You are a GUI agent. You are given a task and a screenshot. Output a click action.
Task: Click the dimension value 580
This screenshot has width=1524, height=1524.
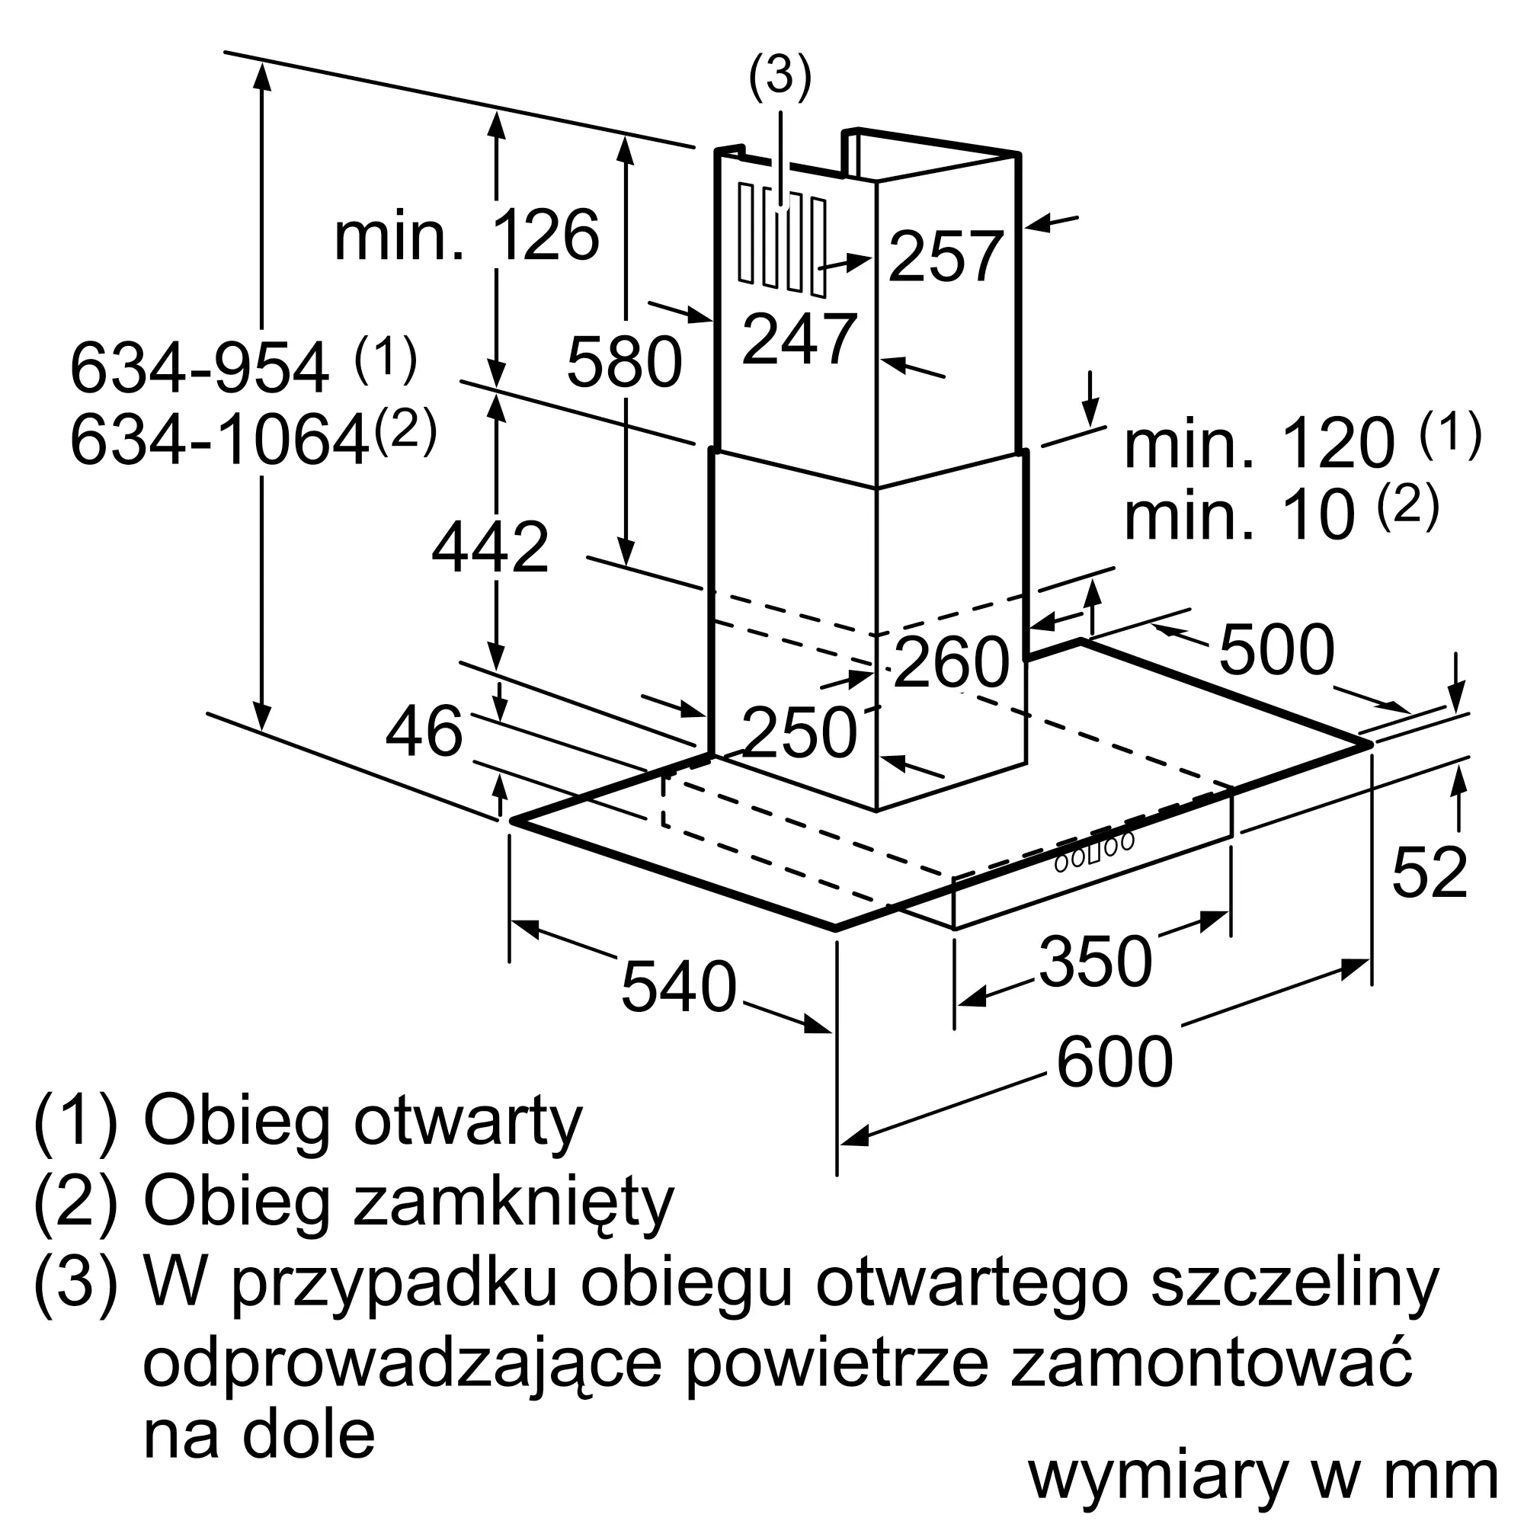point(624,362)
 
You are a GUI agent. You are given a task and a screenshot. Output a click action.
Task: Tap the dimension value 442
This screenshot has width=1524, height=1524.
point(490,547)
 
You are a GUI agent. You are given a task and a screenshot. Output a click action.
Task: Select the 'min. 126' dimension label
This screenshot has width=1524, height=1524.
point(466,236)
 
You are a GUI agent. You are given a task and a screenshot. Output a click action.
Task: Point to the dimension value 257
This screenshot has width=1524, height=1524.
point(946,256)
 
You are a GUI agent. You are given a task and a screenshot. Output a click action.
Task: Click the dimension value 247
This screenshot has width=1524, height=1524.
point(799,339)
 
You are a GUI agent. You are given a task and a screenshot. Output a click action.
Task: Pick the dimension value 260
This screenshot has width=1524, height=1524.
point(951,662)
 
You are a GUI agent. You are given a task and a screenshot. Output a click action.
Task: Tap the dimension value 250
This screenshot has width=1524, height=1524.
point(799,733)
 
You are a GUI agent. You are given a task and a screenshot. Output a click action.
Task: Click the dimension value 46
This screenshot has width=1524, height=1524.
point(424,732)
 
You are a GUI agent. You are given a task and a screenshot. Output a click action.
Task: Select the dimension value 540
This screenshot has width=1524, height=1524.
point(678,987)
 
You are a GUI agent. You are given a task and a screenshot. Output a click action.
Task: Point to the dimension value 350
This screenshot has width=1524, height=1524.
point(1096,962)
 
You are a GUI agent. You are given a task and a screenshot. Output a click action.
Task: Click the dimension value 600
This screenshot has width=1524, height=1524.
point(1115,1062)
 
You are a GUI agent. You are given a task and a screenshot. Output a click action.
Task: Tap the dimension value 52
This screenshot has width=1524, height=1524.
point(1430,873)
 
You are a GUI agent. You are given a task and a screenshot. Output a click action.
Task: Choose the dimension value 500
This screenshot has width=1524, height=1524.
point(1276,650)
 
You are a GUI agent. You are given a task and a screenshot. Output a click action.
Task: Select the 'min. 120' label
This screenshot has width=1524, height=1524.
point(1259,444)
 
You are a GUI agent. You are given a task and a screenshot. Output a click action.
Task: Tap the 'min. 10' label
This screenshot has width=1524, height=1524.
point(1238,516)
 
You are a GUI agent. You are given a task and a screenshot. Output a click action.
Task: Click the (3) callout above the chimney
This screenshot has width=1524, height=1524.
point(780,77)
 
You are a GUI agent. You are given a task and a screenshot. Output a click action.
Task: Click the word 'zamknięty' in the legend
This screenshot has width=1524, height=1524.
point(514,1202)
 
